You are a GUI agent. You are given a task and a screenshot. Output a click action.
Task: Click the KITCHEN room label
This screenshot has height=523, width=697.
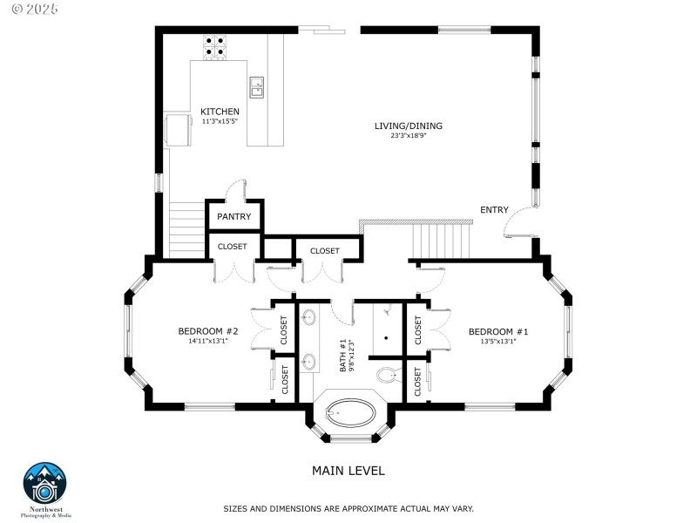pos(220,112)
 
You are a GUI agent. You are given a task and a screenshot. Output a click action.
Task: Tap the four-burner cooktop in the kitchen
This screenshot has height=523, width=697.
pos(214,46)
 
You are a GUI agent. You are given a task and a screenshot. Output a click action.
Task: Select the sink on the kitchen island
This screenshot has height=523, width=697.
pos(257,86)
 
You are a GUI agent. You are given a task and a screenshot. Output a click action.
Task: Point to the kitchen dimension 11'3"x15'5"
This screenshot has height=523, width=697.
pos(220,121)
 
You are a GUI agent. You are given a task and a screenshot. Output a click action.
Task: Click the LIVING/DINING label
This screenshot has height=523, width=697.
pos(408,126)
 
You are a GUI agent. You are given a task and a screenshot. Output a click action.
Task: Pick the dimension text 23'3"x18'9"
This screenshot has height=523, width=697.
pos(408,136)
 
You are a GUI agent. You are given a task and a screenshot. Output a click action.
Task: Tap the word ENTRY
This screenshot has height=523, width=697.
pos(494,209)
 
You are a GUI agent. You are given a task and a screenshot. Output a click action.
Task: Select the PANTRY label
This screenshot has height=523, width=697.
pos(234,217)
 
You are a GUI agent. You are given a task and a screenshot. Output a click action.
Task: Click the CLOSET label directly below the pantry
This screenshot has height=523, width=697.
pos(233,247)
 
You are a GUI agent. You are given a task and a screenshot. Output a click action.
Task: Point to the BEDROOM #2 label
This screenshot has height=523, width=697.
pos(208,331)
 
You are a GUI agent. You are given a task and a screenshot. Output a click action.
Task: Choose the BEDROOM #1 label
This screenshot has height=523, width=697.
pos(498,331)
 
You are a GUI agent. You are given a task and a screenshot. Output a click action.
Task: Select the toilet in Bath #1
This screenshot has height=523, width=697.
pos(387,375)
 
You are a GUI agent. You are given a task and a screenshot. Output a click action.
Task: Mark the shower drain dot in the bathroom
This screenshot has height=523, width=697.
pos(385,336)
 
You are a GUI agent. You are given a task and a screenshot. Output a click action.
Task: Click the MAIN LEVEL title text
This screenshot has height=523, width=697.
pos(348,471)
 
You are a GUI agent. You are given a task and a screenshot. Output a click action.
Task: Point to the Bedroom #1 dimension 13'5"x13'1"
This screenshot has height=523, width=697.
pos(498,342)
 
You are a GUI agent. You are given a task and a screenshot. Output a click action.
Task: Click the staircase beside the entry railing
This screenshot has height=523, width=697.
pos(442,240)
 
